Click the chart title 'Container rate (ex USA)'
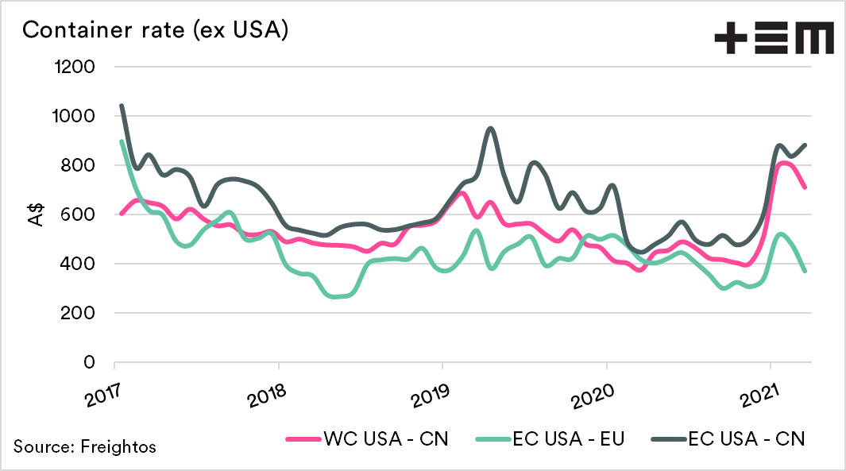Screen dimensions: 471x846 click(x=155, y=31)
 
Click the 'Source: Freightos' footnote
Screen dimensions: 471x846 click(x=85, y=446)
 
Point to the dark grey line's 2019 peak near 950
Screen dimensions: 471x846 click(x=490, y=128)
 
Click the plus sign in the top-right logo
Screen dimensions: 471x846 click(x=731, y=37)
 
